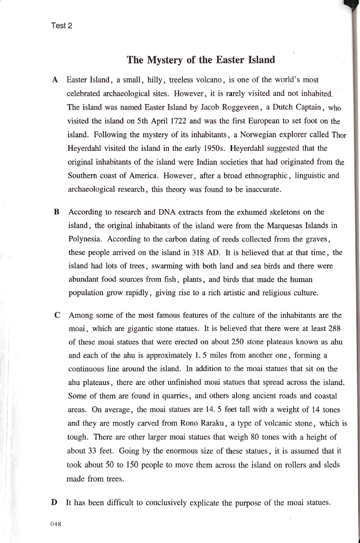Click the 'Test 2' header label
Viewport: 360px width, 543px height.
62,26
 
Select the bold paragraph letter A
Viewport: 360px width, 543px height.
55,80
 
